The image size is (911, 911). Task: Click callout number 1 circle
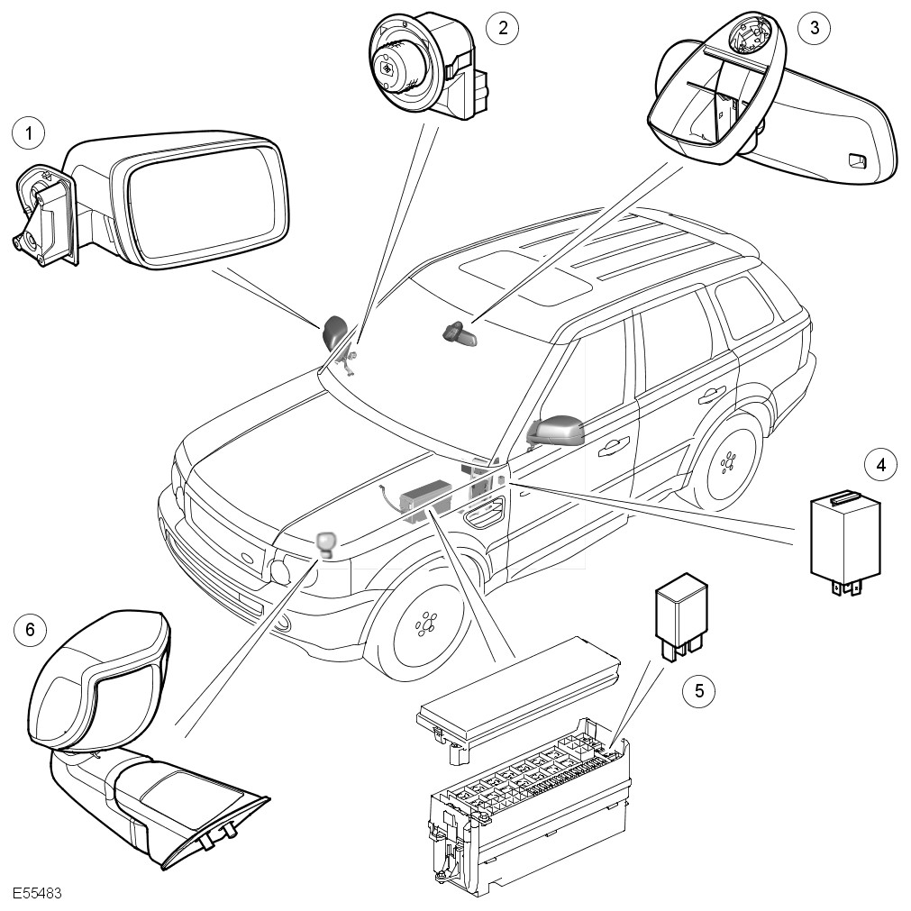pyautogui.click(x=29, y=134)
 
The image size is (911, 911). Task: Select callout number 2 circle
pyautogui.click(x=502, y=27)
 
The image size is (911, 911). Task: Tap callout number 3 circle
pyautogui.click(x=814, y=27)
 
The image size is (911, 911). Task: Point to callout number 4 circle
pyautogui.click(x=880, y=465)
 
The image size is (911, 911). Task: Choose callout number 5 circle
pyautogui.click(x=698, y=691)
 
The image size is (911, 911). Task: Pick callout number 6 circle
pyautogui.click(x=30, y=629)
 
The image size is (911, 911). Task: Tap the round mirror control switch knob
pyautogui.click(x=390, y=68)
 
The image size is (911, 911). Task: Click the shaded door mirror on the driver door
pyautogui.click(x=559, y=430)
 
